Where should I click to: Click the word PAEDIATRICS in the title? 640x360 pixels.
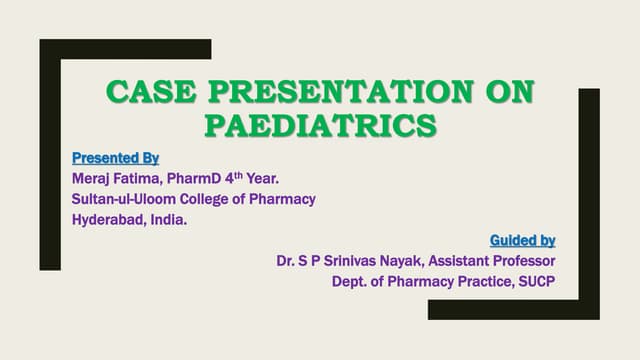[320, 127]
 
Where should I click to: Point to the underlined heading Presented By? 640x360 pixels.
[116, 158]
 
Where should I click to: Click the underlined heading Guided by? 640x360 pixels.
[522, 240]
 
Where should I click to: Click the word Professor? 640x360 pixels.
[521, 261]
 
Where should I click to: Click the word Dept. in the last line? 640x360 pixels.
[351, 281]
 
